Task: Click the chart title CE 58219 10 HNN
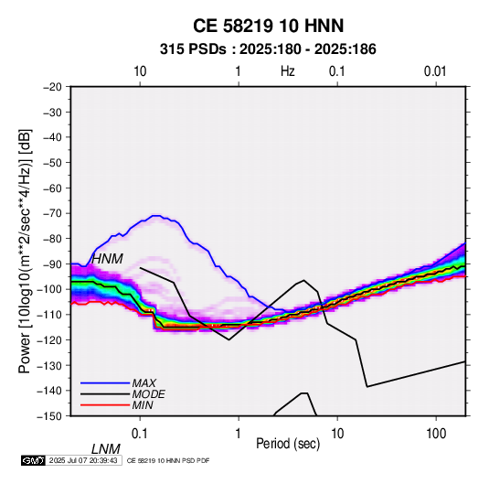268,26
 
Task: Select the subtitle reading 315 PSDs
193,49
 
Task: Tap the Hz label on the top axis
288,71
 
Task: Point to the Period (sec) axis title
288,443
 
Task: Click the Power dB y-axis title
25,251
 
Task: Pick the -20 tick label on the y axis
52,87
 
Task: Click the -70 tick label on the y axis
52,213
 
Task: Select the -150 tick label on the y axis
49,416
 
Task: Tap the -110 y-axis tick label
49,315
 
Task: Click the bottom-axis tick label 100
436,434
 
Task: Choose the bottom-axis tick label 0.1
140,434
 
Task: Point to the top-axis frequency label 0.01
435,71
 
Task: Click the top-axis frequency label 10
140,71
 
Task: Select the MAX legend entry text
144,382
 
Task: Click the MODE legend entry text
148,394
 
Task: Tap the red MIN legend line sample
105,405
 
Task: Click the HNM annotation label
107,259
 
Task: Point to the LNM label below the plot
106,449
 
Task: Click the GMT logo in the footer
33,460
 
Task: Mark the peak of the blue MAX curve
156,215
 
